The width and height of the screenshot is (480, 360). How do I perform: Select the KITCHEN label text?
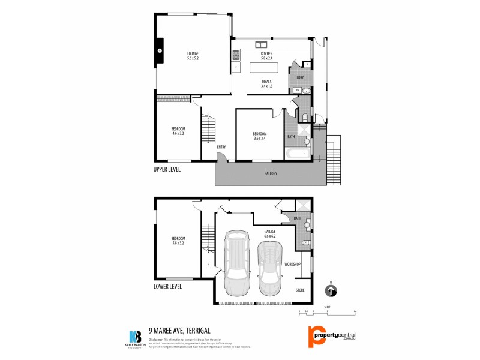pos(266,54)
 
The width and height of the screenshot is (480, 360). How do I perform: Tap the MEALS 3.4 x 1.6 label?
pos(266,84)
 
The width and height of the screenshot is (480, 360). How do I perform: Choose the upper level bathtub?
pos(296,154)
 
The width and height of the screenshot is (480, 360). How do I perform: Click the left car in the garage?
pos(236,262)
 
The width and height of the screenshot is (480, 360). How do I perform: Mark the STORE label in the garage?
pos(300,290)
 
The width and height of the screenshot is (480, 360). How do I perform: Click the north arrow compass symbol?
pos(331,291)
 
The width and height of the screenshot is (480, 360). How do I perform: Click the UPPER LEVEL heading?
pos(167,169)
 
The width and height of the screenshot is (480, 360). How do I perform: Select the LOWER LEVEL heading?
pos(167,287)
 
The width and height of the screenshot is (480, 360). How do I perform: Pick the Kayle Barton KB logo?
pos(136,338)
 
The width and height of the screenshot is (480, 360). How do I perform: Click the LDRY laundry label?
pos(299,76)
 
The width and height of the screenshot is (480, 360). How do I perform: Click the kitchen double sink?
pos(261,44)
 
